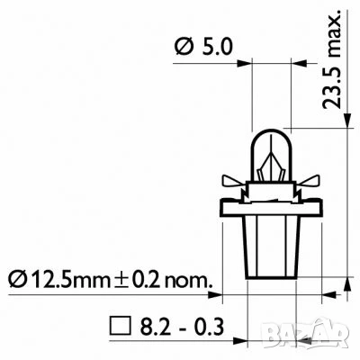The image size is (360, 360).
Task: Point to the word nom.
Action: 188,279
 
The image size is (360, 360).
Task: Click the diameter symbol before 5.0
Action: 179,46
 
